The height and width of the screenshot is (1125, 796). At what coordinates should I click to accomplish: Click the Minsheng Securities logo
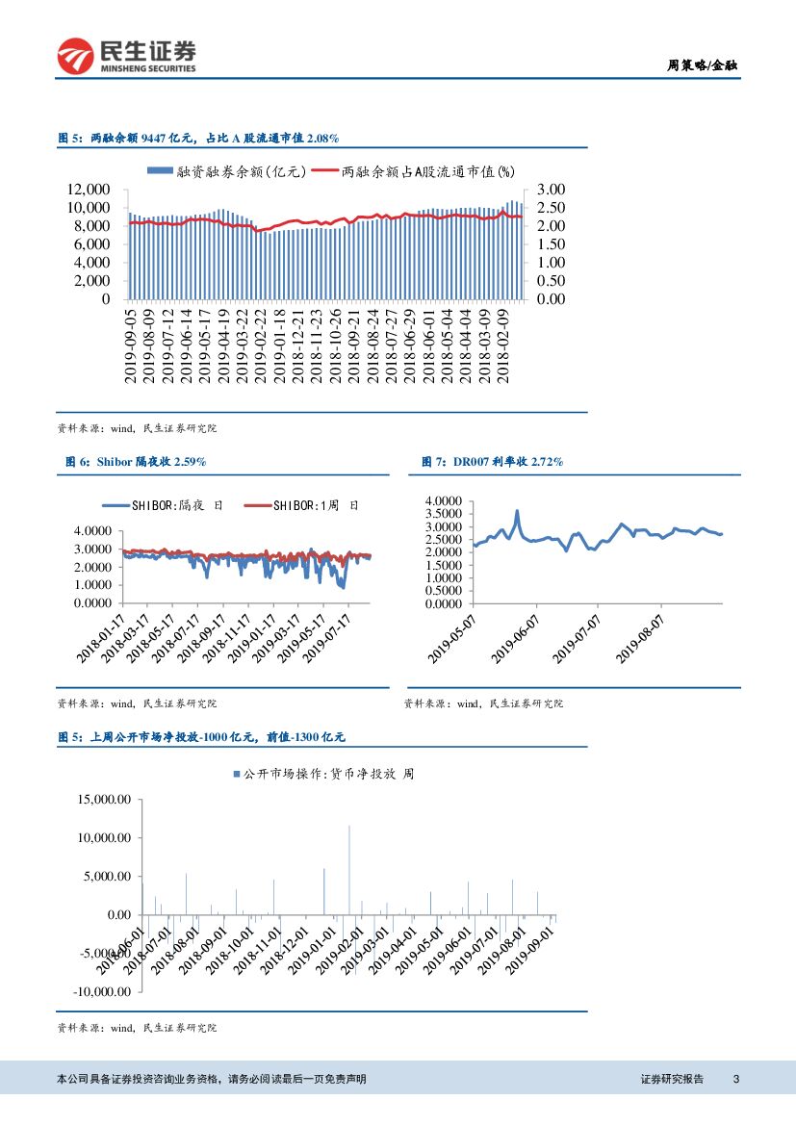point(126,56)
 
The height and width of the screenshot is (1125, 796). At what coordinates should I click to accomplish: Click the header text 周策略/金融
point(704,65)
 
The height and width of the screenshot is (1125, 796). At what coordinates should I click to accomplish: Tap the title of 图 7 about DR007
point(492,462)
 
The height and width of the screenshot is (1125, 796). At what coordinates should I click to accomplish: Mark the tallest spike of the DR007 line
point(517,512)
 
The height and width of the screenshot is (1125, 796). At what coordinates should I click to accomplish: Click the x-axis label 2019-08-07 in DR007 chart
point(640,635)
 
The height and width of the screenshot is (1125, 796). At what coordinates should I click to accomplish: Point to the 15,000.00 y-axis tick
point(105,799)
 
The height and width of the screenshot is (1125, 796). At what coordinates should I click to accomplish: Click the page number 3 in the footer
point(735,1079)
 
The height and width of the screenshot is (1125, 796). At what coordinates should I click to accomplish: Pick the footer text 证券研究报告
point(672,1079)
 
